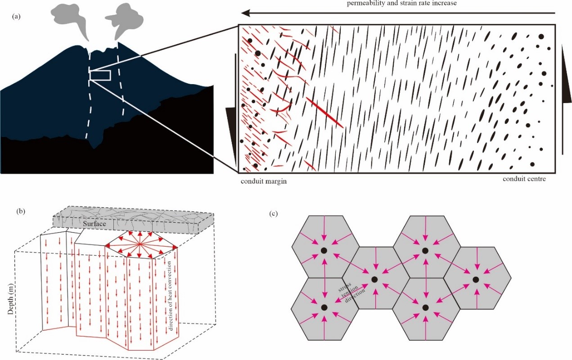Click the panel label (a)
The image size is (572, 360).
[x=17, y=17]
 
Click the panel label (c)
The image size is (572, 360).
[x=273, y=213]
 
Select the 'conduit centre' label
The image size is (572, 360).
[x=524, y=179]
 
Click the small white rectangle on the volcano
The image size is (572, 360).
[x=100, y=75]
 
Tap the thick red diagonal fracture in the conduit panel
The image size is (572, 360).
[x=324, y=112]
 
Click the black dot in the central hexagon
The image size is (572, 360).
[x=374, y=279]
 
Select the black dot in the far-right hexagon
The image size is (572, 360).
[x=476, y=279]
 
